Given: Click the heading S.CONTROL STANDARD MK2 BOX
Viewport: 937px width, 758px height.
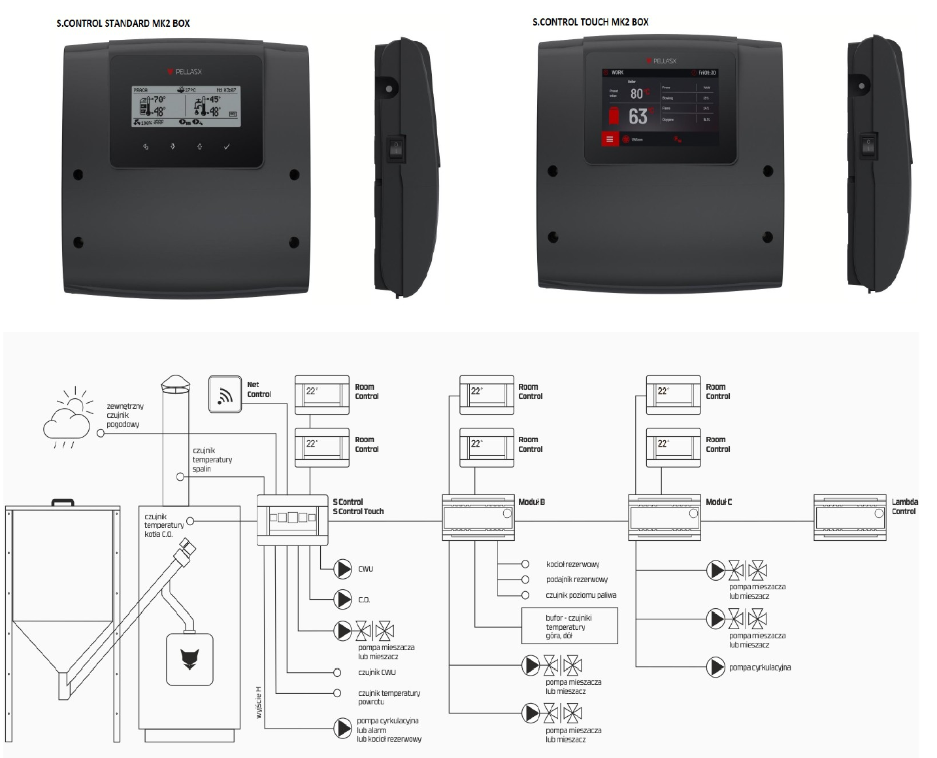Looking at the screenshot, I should (x=123, y=24).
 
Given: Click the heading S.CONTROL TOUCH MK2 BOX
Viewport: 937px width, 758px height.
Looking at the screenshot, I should (x=590, y=22).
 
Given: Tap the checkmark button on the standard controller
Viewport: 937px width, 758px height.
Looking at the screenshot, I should (x=227, y=147).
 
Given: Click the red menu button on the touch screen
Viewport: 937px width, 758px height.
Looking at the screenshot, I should (x=610, y=139).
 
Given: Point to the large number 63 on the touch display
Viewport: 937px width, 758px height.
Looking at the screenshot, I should (x=638, y=116).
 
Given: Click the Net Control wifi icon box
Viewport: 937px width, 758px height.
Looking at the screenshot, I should (x=225, y=394).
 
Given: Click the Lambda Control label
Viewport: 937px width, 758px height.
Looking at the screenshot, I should (x=904, y=507).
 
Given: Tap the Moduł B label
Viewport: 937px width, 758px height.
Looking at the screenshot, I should (x=531, y=502).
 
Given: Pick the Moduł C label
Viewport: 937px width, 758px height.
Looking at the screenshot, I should (x=719, y=502).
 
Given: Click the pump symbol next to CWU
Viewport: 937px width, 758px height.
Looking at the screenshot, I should (x=343, y=569).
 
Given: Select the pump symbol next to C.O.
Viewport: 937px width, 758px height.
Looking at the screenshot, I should (x=343, y=599).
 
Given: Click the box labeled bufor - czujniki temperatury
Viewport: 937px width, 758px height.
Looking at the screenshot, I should (x=569, y=626).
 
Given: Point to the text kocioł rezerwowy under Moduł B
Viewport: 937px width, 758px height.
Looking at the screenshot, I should (x=572, y=564).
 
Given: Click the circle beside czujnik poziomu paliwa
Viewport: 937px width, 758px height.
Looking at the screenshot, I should (x=525, y=595).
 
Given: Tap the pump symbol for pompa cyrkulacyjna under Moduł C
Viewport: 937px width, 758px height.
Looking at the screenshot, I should (x=717, y=667).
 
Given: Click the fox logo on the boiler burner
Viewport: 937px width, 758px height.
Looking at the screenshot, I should (x=189, y=659).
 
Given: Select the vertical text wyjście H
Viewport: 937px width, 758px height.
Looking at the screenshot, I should (x=259, y=702).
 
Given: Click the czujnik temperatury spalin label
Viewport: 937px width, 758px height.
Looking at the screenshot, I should (x=212, y=460).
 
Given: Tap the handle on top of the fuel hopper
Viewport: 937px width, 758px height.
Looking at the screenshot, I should (x=63, y=502).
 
